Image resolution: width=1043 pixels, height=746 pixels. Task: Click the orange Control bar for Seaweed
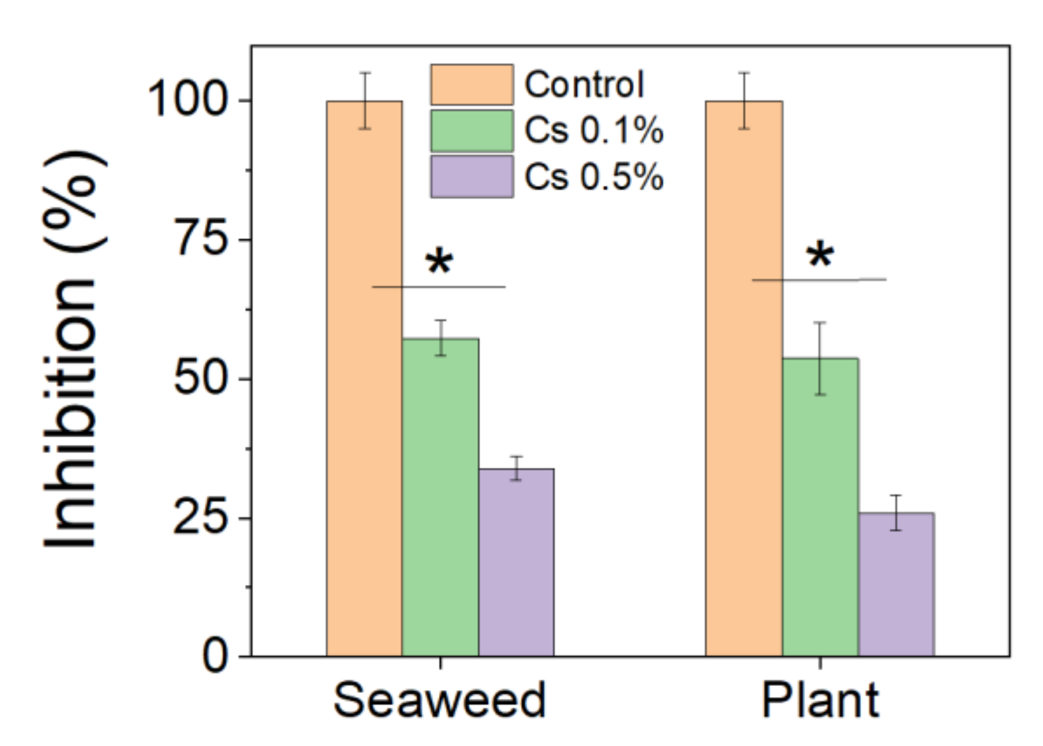[364, 379]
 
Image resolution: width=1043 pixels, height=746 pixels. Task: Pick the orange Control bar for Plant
[744, 379]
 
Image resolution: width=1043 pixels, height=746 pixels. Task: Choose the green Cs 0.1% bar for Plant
[820, 507]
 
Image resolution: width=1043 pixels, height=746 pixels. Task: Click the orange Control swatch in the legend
[472, 85]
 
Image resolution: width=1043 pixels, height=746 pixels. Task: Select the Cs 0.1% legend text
[594, 130]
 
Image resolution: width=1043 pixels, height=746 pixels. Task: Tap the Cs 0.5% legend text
[594, 176]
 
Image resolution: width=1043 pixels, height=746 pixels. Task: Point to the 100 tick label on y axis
[187, 100]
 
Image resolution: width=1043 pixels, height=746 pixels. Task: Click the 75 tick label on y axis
[200, 239]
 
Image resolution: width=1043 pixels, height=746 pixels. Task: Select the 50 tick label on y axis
[200, 379]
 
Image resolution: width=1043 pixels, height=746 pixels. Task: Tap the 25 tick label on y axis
[200, 518]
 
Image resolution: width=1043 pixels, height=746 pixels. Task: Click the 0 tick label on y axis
[215, 657]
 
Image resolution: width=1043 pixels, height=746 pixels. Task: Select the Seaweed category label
[439, 701]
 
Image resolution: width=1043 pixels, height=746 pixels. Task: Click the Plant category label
[820, 701]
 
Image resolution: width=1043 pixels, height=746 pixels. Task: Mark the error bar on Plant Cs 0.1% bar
[820, 358]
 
